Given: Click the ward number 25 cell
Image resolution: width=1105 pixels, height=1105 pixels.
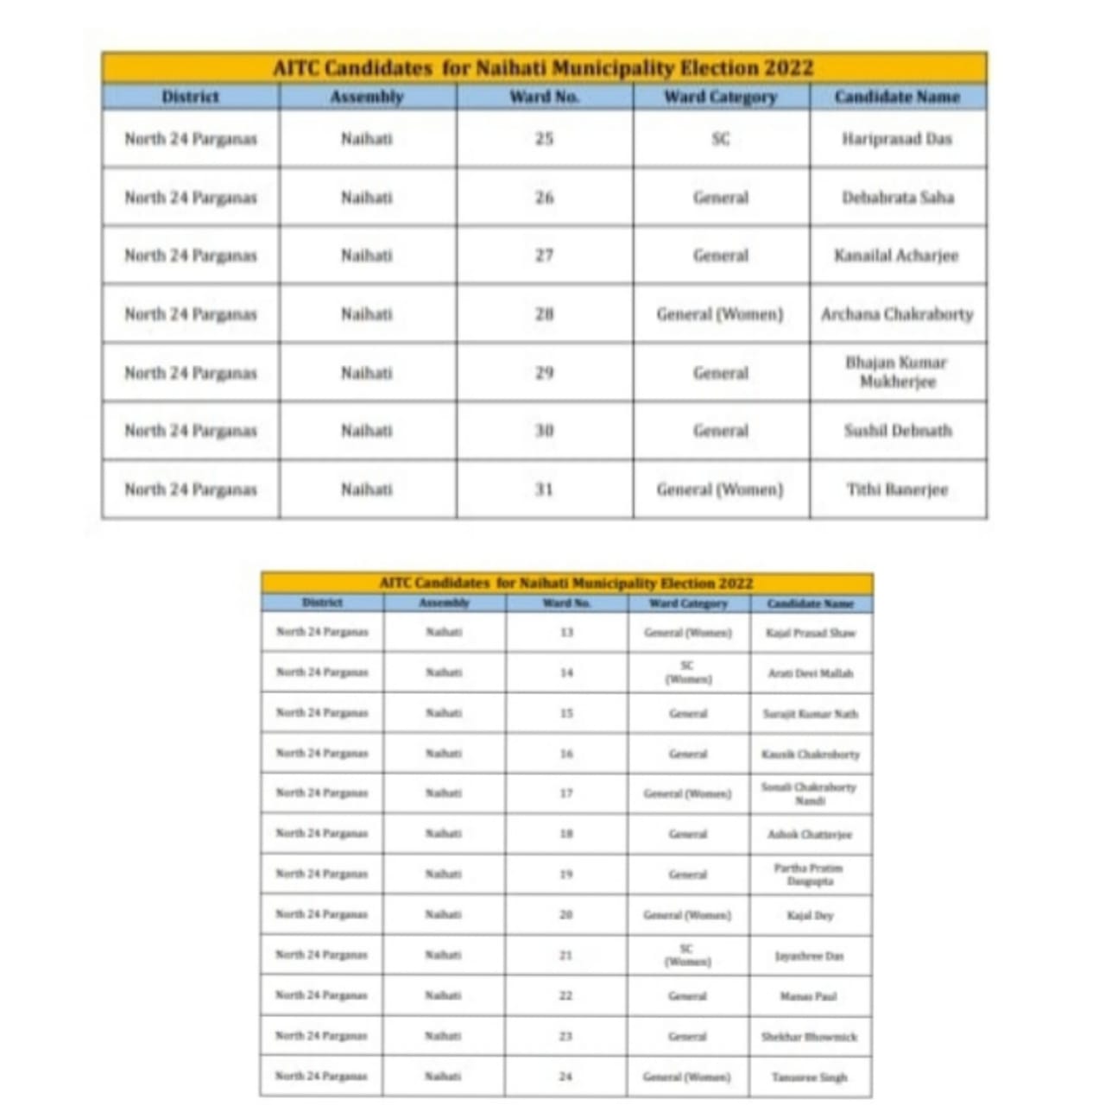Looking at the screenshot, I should pyautogui.click(x=544, y=138).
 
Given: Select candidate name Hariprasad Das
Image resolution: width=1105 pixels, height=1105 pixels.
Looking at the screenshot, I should pyautogui.click(x=897, y=138).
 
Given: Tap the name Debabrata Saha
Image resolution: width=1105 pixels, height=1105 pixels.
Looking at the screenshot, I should pyautogui.click(x=898, y=197).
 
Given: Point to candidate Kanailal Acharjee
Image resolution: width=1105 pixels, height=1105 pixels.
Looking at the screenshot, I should pyautogui.click(x=896, y=256).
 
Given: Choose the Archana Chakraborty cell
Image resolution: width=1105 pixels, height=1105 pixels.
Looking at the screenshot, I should pyautogui.click(x=897, y=314).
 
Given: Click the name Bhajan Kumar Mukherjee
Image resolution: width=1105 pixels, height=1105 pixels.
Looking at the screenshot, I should pyautogui.click(x=897, y=372).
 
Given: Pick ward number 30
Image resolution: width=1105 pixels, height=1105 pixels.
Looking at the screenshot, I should pyautogui.click(x=544, y=430).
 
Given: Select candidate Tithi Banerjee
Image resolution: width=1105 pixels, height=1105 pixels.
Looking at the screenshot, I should pyautogui.click(x=897, y=489).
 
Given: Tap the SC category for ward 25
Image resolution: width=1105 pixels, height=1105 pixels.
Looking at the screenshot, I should pyautogui.click(x=721, y=138).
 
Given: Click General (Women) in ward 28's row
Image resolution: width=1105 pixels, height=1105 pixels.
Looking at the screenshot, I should pyautogui.click(x=720, y=314).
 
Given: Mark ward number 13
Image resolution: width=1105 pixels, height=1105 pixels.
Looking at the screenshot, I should pyautogui.click(x=566, y=632).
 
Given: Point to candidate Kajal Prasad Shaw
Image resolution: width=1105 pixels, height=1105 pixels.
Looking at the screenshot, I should pyautogui.click(x=811, y=633).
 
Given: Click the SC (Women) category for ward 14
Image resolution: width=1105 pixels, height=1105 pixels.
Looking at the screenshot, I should pyautogui.click(x=688, y=672).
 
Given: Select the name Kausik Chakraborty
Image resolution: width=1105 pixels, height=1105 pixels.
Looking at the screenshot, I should pyautogui.click(x=811, y=755).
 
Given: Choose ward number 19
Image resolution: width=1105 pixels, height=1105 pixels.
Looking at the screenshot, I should pyautogui.click(x=566, y=875).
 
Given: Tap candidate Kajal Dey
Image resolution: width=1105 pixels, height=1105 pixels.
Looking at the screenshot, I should pyautogui.click(x=810, y=915).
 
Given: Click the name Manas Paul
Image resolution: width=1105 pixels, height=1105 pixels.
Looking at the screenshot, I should pyautogui.click(x=809, y=996).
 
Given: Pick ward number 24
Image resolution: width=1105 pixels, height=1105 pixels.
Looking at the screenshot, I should pyautogui.click(x=565, y=1077).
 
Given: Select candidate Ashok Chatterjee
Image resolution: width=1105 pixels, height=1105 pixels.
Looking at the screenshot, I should pyautogui.click(x=810, y=835).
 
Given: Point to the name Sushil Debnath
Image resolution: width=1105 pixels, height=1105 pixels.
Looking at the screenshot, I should pyautogui.click(x=898, y=430).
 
